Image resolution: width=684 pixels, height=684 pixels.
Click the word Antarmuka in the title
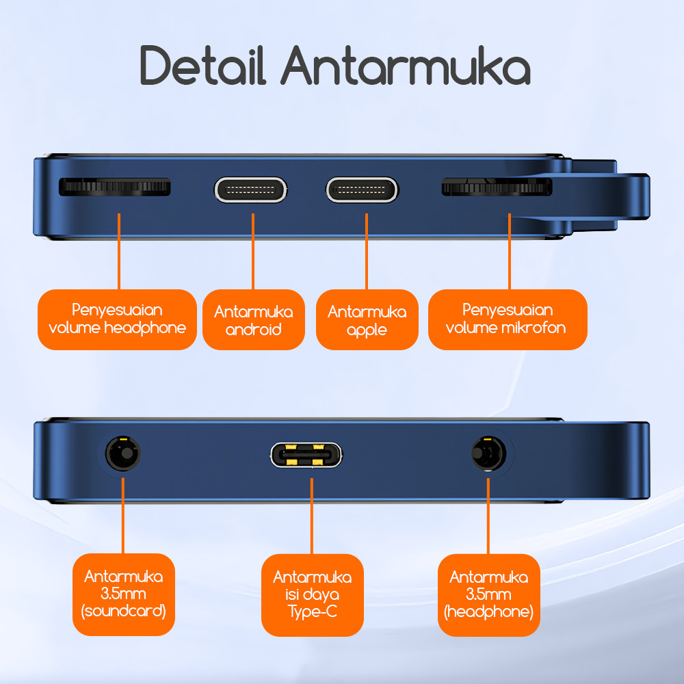[x=406, y=66]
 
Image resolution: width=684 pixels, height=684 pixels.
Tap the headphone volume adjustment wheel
[x=114, y=187]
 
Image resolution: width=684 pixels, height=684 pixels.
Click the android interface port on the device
[x=251, y=189]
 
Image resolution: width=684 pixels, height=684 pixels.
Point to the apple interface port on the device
[x=362, y=189]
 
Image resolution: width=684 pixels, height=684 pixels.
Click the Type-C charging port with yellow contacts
[x=306, y=455]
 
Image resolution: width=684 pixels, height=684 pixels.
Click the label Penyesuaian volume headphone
[x=117, y=319]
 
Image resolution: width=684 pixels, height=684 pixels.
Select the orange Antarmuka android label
[x=254, y=320]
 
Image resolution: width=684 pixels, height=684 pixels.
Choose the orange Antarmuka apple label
[x=367, y=320]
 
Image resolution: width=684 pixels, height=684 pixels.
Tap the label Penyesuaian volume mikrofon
[x=507, y=319]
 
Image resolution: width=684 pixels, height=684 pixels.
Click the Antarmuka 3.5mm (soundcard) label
[x=124, y=594]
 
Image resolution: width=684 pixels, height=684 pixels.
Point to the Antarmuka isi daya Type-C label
[x=312, y=594]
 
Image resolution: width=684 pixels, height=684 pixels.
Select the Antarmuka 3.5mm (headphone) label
[x=488, y=594]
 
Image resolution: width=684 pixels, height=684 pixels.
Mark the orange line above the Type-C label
[x=312, y=516]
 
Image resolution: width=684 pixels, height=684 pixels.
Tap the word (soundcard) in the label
[x=124, y=611]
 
